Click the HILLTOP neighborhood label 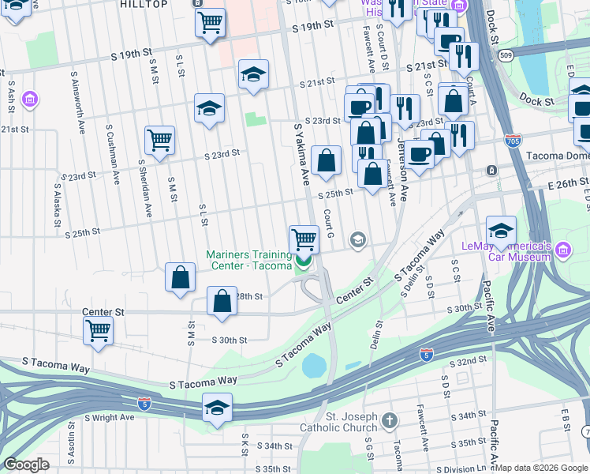pos(145,5)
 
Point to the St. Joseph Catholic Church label pos(339,422)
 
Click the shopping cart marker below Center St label pos(98,330)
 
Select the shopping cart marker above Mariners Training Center pos(304,238)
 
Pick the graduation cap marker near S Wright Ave pos(217,407)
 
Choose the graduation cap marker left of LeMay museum pos(501,230)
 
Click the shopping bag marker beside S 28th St pos(222,301)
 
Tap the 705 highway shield pos(512,138)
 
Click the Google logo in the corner pos(26,465)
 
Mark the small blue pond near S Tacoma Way pos(313,365)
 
